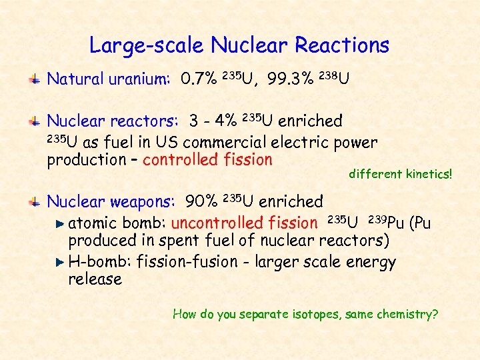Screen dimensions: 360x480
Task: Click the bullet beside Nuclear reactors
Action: [39, 121]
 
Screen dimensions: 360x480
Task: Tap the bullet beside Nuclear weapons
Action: [39, 201]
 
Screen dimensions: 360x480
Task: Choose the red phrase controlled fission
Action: [207, 160]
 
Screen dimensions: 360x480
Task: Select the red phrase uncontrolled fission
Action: [244, 223]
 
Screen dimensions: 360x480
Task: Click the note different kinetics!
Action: [400, 175]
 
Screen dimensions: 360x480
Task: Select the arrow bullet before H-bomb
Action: [61, 262]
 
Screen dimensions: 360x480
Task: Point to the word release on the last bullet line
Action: [95, 279]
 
